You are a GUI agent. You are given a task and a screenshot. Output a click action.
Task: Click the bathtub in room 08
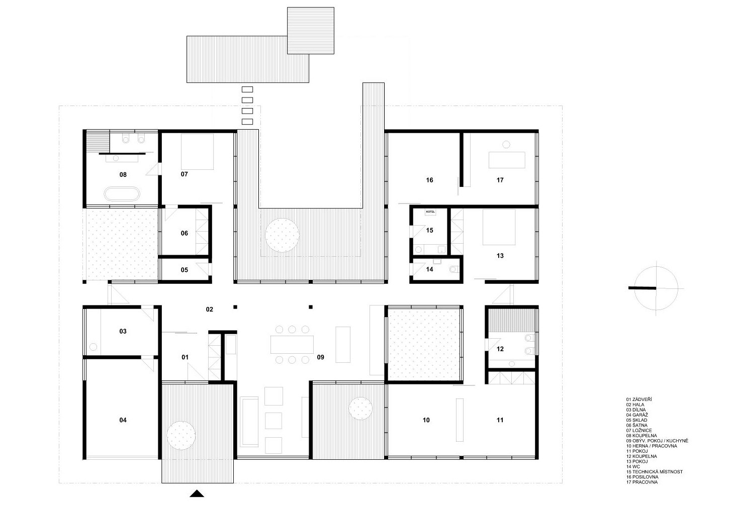(122, 194)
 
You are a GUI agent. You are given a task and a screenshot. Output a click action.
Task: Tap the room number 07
(184, 174)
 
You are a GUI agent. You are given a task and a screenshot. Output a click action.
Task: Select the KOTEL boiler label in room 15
(430, 212)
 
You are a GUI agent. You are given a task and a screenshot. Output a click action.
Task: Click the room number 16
(429, 180)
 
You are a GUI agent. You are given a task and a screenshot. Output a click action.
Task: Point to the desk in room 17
(507, 160)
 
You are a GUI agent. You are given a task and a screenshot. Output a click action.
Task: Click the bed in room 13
(499, 227)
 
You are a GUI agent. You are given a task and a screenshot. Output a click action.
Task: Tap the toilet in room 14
(454, 269)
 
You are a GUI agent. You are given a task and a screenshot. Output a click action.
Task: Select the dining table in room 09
(292, 344)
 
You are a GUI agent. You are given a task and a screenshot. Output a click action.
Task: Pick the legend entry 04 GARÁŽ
(637, 415)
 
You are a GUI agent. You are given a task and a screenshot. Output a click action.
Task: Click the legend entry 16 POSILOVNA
(642, 477)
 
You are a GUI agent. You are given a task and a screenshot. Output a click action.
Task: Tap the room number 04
(123, 420)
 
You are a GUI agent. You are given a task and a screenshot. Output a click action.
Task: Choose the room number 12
(500, 349)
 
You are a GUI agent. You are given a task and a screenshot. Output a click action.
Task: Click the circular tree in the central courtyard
(282, 235)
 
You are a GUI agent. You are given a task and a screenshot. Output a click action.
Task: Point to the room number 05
(184, 270)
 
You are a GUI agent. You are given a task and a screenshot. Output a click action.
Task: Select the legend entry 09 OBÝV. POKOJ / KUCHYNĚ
(657, 441)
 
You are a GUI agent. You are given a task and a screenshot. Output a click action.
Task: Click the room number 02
(209, 310)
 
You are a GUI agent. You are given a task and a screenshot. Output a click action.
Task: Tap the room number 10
(426, 420)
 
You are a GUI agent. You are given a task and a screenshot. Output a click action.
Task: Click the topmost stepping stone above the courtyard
(247, 89)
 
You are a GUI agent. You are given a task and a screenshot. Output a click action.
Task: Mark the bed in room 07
(197, 152)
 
